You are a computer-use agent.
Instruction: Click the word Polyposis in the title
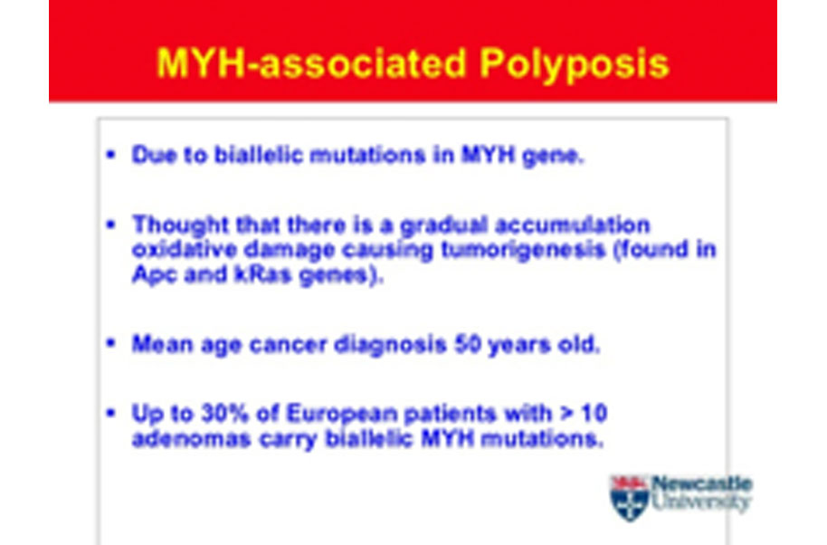(x=575, y=65)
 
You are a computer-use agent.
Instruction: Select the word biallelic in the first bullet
(x=259, y=155)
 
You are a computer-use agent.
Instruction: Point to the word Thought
(x=180, y=225)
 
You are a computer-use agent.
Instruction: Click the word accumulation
(x=572, y=225)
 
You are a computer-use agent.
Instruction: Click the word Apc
(x=154, y=275)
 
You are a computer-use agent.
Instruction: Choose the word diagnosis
(x=390, y=346)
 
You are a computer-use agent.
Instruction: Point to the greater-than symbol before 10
(x=567, y=413)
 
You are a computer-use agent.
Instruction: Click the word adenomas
(x=191, y=439)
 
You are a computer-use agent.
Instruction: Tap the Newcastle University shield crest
(x=629, y=498)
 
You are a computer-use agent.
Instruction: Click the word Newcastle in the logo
(x=702, y=483)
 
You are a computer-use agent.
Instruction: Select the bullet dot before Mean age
(x=110, y=343)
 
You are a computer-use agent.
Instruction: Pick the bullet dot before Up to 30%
(x=110, y=413)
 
